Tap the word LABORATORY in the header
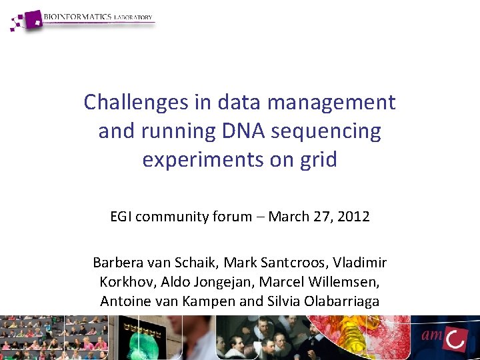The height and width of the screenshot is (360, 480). point(134,17)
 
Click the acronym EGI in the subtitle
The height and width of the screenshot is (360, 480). point(121,216)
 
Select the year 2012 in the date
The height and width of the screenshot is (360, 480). point(353,216)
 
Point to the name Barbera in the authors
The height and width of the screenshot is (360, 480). point(115,262)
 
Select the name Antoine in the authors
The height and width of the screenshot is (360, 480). point(123,301)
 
